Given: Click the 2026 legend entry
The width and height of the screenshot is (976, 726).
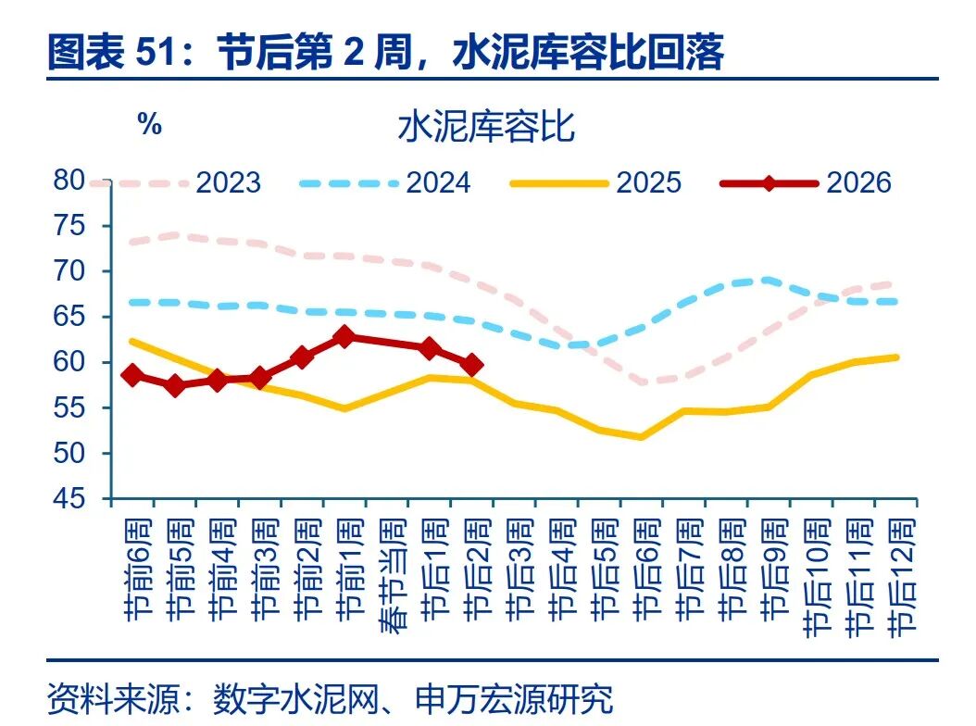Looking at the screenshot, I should click(x=806, y=182).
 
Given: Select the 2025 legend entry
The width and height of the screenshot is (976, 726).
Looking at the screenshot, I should click(x=596, y=182).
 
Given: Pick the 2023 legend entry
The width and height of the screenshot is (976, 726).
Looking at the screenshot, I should click(x=176, y=182).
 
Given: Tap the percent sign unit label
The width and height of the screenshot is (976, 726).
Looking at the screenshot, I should click(x=149, y=125).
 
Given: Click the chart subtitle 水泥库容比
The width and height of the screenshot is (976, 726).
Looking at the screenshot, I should click(x=486, y=127).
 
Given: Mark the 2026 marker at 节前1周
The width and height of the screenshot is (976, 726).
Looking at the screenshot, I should click(x=344, y=337).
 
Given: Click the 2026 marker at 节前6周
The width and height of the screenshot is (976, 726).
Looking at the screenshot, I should click(x=132, y=375).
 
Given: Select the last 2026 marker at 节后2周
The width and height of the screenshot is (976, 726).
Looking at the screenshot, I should click(x=471, y=365).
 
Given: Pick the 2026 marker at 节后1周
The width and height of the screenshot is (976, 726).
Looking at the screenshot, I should click(x=429, y=348).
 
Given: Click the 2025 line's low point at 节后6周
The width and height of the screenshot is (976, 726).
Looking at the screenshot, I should click(x=641, y=436).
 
